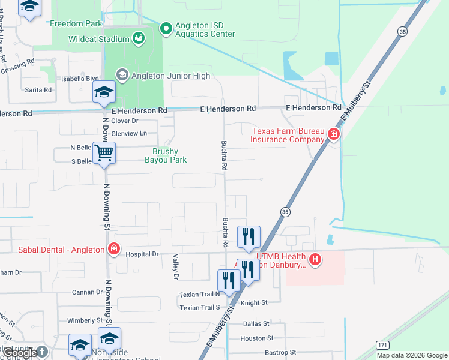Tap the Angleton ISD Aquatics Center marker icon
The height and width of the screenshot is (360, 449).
[x=166, y=28]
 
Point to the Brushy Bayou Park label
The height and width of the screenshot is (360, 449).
[x=166, y=156]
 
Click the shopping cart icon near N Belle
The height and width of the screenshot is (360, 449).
[x=104, y=153]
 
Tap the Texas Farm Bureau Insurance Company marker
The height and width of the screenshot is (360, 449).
[x=334, y=135]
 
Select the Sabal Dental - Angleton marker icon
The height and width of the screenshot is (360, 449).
[x=113, y=249]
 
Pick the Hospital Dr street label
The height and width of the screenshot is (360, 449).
[x=142, y=254]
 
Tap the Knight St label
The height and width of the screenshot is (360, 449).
[x=254, y=304]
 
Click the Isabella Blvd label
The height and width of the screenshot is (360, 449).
[x=80, y=79]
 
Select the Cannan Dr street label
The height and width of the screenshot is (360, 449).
[x=88, y=292]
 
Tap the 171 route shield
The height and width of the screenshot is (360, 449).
[x=382, y=345]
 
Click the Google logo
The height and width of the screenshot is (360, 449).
[x=21, y=353]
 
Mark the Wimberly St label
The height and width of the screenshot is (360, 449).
[x=85, y=320]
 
